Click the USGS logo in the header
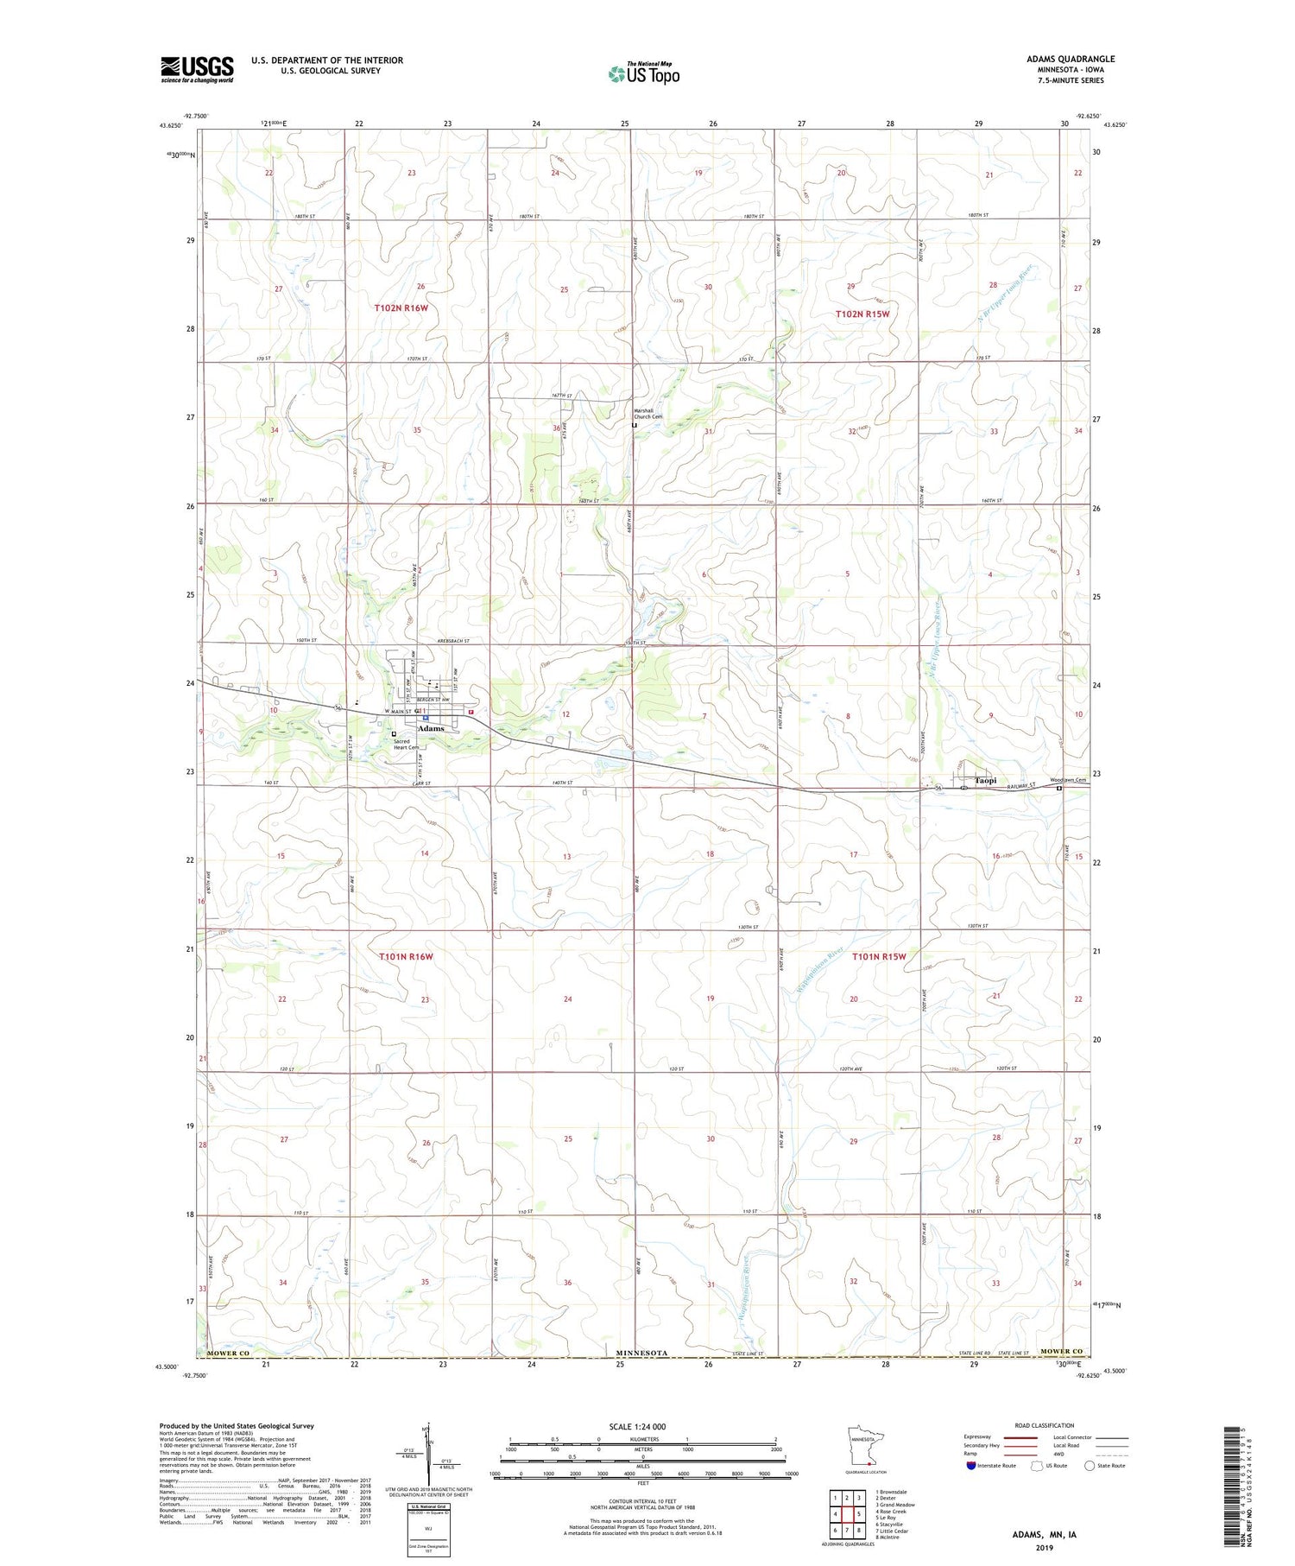(197, 69)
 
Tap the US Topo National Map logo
(643, 73)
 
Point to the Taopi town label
(985, 780)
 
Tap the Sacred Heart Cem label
(406, 744)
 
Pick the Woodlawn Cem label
(1067, 780)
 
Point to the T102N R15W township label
(862, 314)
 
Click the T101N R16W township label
(405, 956)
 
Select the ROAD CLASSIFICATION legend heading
(1045, 1425)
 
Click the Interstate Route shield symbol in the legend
(971, 1465)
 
